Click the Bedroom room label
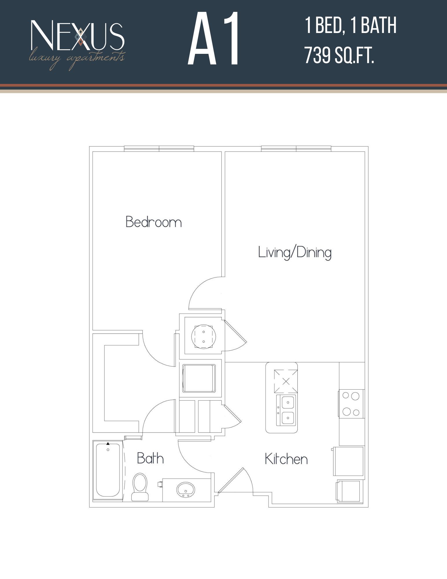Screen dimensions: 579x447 [154, 222]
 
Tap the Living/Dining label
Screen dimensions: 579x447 [295, 252]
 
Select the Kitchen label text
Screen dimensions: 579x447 [286, 459]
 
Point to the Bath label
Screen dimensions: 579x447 [150, 459]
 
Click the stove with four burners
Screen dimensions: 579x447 [351, 404]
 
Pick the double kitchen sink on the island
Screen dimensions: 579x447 [286, 410]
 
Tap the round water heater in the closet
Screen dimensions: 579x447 [204, 336]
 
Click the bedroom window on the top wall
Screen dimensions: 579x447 [159, 149]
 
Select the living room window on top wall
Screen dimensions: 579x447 [296, 149]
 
